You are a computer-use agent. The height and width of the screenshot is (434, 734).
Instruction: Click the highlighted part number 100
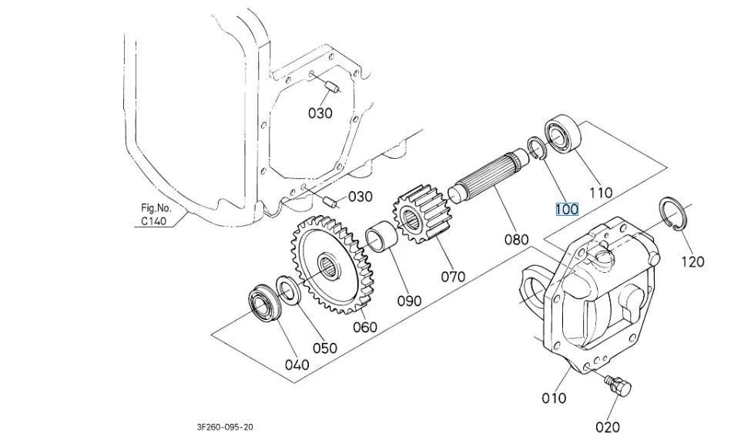(567, 209)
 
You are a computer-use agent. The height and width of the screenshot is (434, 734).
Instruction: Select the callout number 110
(601, 192)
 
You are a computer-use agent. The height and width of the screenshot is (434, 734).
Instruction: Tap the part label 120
(693, 261)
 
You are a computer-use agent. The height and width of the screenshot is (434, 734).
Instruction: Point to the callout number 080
(516, 240)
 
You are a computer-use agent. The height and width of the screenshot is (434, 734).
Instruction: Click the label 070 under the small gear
(453, 276)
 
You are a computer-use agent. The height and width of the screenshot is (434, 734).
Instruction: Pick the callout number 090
(409, 301)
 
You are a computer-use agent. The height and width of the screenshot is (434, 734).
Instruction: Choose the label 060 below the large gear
(364, 327)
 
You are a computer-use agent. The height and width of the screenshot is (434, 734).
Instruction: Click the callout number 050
(325, 348)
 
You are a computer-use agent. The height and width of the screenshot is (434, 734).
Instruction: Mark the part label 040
(297, 364)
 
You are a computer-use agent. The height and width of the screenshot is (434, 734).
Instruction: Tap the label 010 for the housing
(554, 398)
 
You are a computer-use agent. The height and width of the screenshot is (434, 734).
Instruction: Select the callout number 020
(608, 427)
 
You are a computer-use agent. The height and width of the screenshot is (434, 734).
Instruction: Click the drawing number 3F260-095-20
(225, 427)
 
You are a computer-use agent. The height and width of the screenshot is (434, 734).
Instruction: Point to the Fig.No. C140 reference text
(156, 214)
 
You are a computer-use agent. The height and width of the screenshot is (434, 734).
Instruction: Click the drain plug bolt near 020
(618, 386)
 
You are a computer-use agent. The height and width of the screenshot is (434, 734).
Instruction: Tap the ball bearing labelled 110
(563, 135)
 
